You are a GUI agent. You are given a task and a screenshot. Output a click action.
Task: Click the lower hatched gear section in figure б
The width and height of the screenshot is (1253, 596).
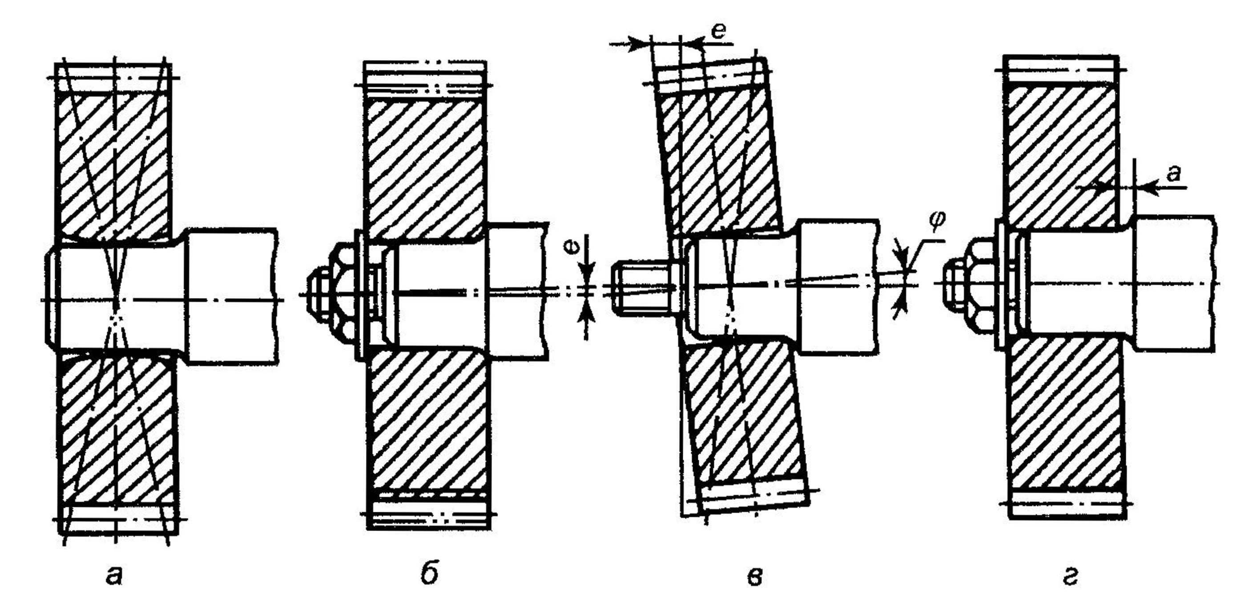click(x=428, y=423)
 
